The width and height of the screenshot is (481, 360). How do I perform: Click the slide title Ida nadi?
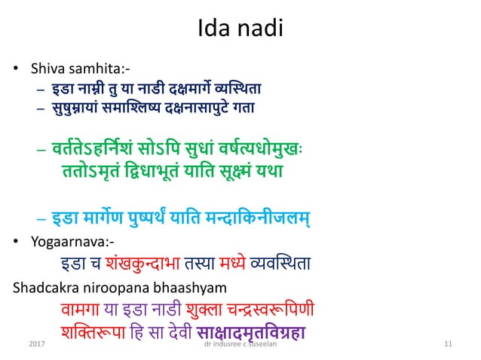(240, 30)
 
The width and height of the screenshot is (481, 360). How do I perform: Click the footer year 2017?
(35, 343)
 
